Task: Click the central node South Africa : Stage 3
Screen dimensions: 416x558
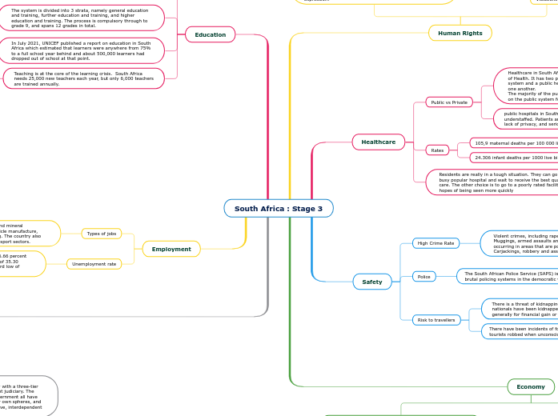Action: tap(279, 209)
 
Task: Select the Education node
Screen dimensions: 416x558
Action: tap(211, 34)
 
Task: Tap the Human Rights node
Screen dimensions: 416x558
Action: tap(460, 33)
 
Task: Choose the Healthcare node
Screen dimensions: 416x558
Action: tap(378, 142)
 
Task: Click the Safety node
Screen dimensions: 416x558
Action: tap(372, 282)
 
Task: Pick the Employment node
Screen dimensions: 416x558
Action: tap(171, 249)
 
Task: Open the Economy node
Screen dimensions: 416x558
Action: tap(530, 386)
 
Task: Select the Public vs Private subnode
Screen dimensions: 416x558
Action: tap(449, 102)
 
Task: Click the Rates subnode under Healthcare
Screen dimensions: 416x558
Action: tap(437, 150)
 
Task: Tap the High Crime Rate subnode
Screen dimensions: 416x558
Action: tap(436, 242)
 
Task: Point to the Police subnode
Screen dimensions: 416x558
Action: tap(424, 277)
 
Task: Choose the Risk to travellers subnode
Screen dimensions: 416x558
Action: tap(436, 320)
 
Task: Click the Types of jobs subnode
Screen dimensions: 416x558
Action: tap(102, 234)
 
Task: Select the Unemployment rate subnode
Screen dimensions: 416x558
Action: tap(94, 263)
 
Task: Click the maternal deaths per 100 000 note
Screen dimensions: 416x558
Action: tap(513, 143)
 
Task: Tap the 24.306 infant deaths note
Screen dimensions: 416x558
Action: tap(513, 158)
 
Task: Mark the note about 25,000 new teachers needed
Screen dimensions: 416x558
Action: tap(84, 78)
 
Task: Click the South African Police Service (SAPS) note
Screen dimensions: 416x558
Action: tap(508, 276)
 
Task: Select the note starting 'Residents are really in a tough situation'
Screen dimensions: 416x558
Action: tap(492, 182)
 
